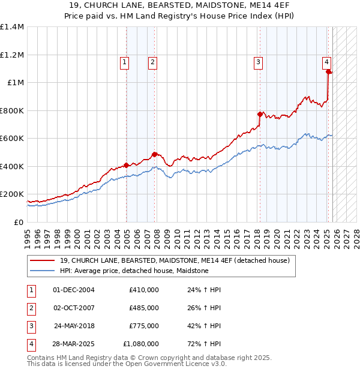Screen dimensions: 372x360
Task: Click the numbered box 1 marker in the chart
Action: (x=124, y=61)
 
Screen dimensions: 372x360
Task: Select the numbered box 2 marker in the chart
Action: (x=152, y=61)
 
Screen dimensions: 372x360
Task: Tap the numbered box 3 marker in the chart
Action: (x=258, y=61)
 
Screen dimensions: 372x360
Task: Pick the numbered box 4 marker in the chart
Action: (x=326, y=61)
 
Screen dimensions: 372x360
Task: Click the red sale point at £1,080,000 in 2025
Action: (x=329, y=72)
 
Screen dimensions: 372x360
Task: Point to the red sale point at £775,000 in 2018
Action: (x=260, y=114)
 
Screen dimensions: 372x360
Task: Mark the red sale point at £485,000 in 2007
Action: (x=154, y=154)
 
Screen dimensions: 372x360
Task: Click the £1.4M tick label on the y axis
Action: (x=12, y=27)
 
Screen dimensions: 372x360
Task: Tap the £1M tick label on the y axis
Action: (x=16, y=82)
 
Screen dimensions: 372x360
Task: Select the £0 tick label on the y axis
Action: (x=19, y=222)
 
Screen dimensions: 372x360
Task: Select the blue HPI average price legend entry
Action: (x=134, y=271)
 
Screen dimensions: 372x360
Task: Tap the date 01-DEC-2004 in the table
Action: (x=74, y=290)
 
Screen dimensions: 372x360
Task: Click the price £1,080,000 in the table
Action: (x=141, y=344)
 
